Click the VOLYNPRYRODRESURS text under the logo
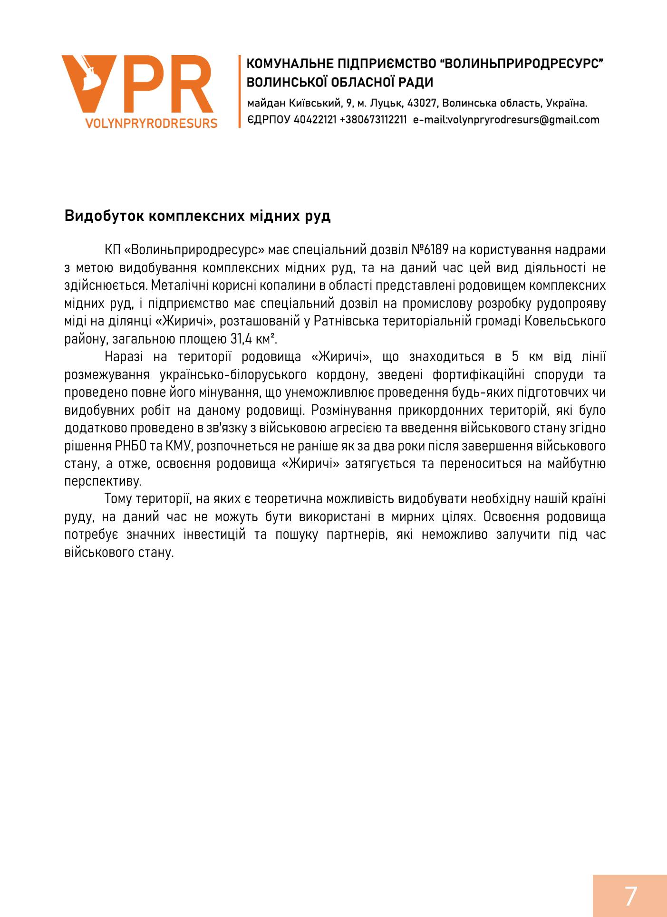(151, 124)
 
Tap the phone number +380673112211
(374, 120)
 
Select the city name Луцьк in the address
(383, 103)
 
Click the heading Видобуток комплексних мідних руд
(197, 216)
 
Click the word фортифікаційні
(486, 375)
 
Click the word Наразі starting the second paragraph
(126, 357)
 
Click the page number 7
(630, 896)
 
